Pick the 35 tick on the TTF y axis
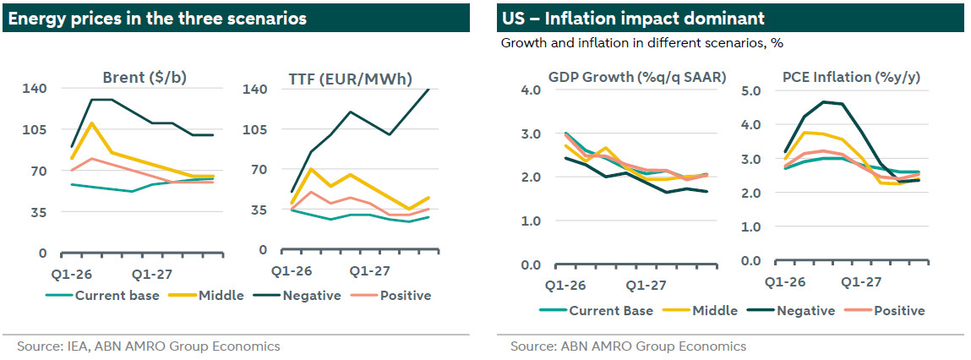pos(256,210)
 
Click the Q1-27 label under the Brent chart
pos(152,275)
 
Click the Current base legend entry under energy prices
pos(109,295)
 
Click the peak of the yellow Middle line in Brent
pos(91,123)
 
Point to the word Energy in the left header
pos(31,18)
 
